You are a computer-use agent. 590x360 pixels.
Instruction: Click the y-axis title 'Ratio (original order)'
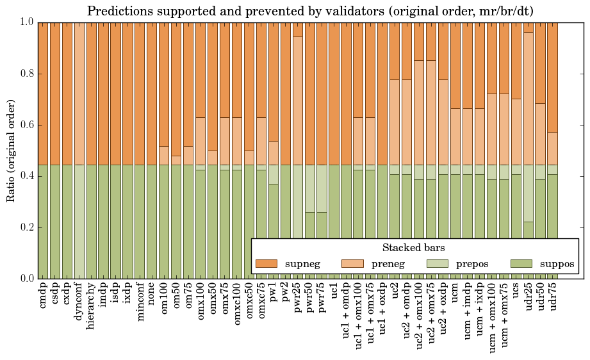[x=11, y=151]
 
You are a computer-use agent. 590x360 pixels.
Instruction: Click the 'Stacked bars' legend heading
[x=413, y=247]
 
